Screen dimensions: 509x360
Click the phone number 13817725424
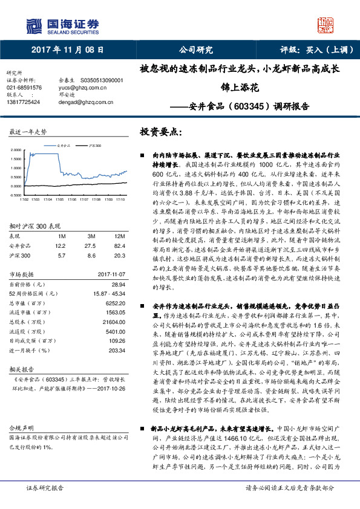[x=24, y=102]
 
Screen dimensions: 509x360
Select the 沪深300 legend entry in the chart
[x=94, y=146]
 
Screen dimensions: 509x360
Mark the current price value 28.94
[x=119, y=284]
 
